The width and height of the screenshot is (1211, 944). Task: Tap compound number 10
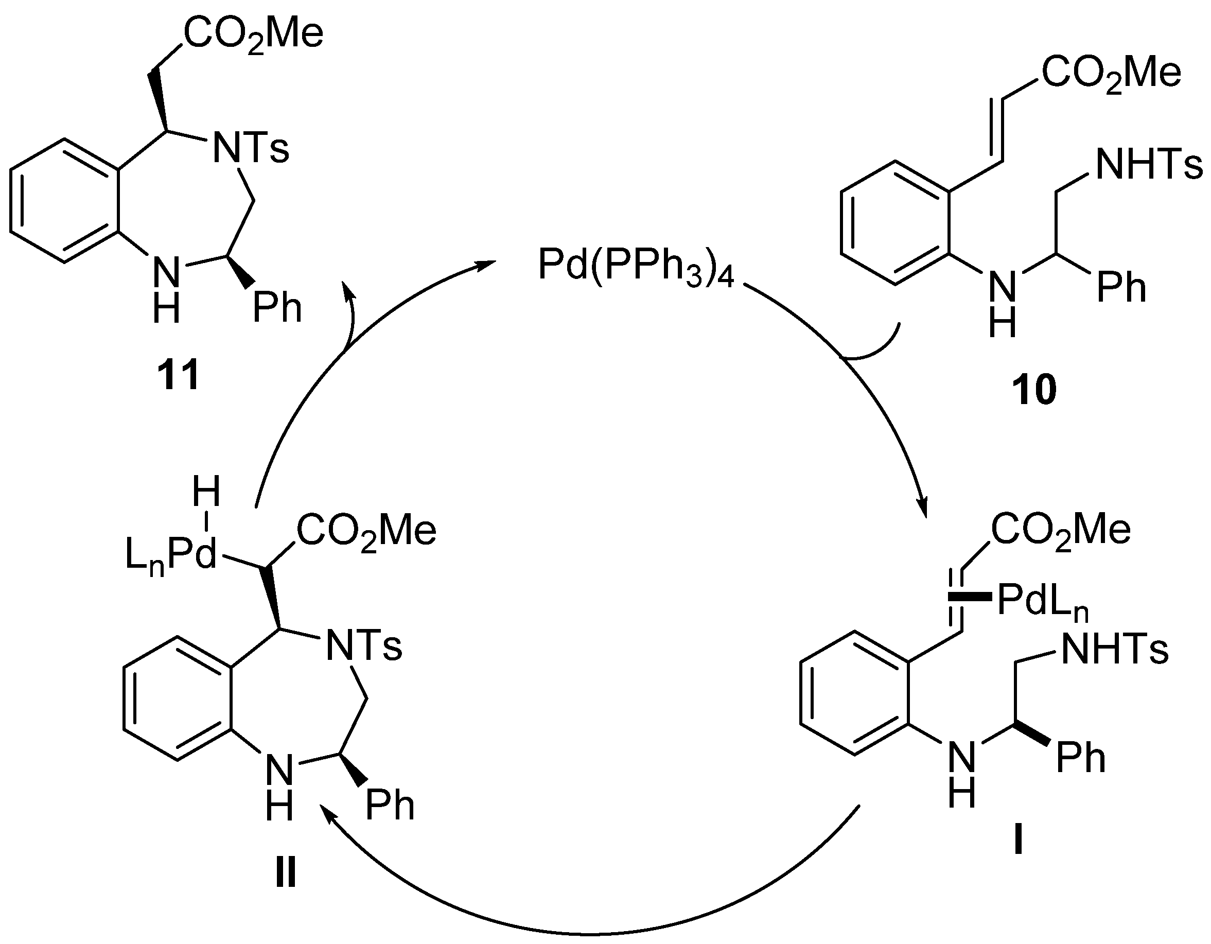click(1034, 390)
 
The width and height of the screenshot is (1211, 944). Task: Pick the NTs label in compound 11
click(251, 149)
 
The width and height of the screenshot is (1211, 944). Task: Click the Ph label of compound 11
click(277, 308)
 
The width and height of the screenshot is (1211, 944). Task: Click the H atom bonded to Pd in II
click(206, 492)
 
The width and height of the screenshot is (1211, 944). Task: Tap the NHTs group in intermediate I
click(1115, 650)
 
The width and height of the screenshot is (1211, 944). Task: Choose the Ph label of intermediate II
click(390, 806)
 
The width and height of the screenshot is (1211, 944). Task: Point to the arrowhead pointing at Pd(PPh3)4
click(488, 265)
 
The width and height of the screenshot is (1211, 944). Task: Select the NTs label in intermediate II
click(364, 646)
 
